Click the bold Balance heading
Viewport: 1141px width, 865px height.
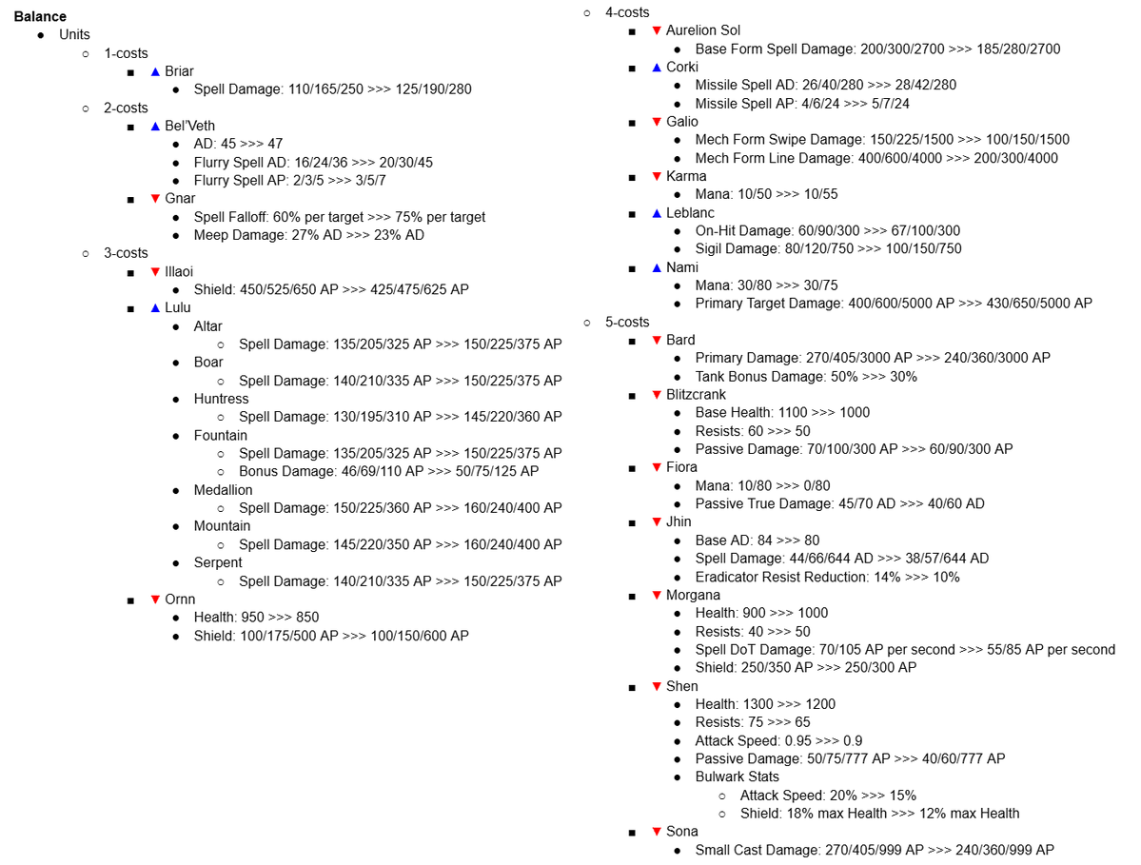tap(40, 16)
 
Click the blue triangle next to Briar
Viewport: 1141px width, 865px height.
tap(155, 71)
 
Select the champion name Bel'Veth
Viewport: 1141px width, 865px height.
tap(189, 126)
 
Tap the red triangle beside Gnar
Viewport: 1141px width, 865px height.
tap(155, 198)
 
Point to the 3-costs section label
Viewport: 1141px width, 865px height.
tap(126, 253)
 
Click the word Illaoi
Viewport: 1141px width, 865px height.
tap(178, 271)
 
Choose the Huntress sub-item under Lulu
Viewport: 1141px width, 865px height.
tap(221, 399)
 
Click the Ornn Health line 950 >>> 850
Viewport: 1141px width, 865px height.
tap(256, 618)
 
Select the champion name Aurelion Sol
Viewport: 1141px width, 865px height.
tap(702, 30)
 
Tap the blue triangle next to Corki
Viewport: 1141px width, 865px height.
tap(656, 67)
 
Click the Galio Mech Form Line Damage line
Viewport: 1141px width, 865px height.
tap(875, 158)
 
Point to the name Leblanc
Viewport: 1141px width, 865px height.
tap(690, 213)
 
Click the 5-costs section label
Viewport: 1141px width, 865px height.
tap(627, 322)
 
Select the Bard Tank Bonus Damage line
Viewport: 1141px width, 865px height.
tap(806, 376)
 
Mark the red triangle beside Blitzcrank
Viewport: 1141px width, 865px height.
tap(656, 394)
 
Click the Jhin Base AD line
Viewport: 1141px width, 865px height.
tap(757, 541)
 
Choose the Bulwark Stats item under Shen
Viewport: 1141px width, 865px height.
tap(737, 777)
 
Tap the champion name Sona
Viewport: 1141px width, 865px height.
tap(681, 832)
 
